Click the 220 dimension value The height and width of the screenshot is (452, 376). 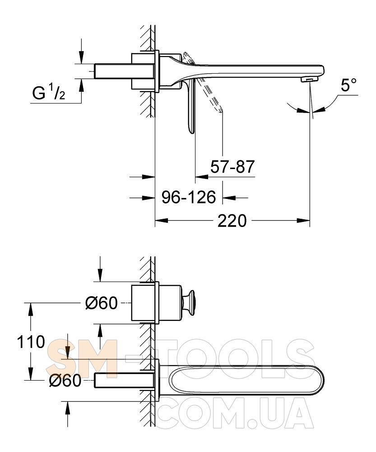tap(232, 221)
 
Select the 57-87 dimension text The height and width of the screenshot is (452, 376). tap(232, 167)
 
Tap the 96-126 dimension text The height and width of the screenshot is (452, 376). tap(189, 197)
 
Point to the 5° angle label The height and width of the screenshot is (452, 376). tap(348, 85)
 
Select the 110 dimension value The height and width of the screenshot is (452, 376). tap(31, 342)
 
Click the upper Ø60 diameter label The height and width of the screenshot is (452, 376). tap(102, 303)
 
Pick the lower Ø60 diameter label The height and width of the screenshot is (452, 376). tap(65, 381)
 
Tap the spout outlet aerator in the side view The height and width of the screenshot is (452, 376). tap(308, 79)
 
